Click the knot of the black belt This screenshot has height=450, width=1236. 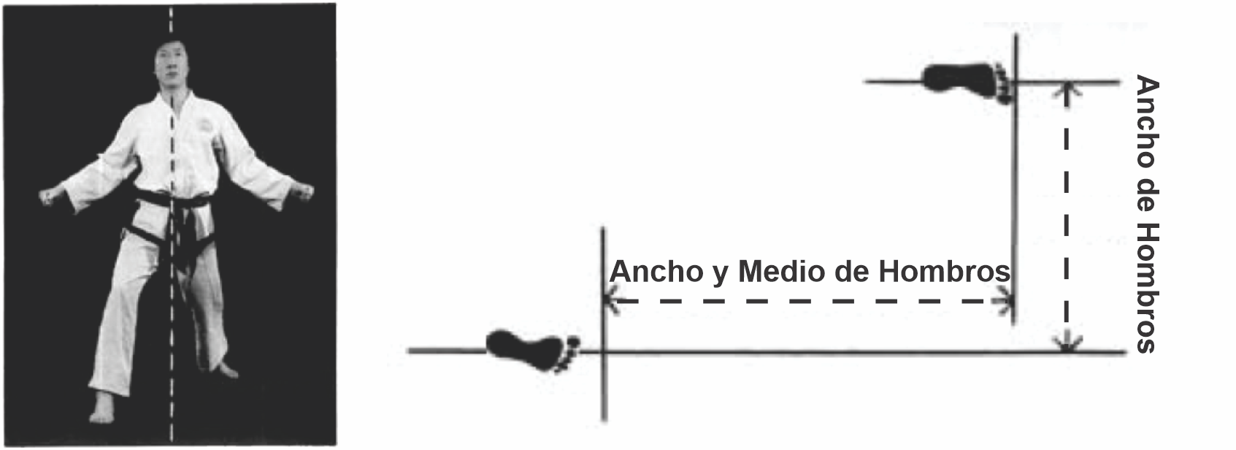[177, 205]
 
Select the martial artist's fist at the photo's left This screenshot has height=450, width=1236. [50, 197]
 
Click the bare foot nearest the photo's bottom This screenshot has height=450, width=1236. [101, 409]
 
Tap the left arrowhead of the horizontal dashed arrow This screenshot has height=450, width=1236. [610, 300]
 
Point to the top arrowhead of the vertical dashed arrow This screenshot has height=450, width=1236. [1067, 90]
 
